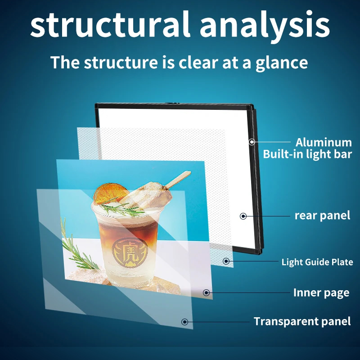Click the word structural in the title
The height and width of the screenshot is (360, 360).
(x=110, y=24)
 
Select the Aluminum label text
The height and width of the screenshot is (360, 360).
(x=324, y=143)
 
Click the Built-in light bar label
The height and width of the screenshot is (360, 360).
(x=307, y=154)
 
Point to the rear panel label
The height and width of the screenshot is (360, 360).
(x=322, y=216)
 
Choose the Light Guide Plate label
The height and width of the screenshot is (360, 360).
(x=317, y=262)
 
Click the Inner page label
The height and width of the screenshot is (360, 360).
(x=321, y=293)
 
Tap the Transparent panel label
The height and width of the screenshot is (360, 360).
(x=302, y=321)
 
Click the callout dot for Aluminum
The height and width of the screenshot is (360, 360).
(x=252, y=142)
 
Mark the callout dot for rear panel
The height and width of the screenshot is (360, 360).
(x=243, y=216)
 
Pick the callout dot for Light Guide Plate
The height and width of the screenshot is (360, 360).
(x=226, y=261)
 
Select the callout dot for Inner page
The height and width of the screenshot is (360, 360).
(x=206, y=292)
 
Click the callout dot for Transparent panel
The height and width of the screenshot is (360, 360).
(x=184, y=322)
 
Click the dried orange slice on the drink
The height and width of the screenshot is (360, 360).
(x=110, y=194)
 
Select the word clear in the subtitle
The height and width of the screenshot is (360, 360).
(x=198, y=63)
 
